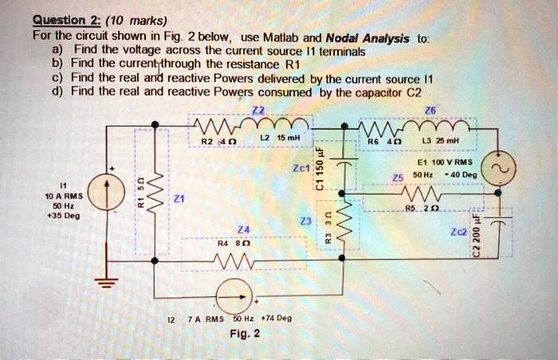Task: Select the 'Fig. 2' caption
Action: click(243, 334)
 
